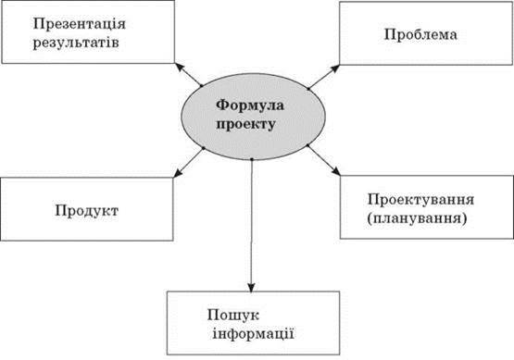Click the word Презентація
[x=80, y=24]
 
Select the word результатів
[x=76, y=43]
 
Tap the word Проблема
[x=420, y=34]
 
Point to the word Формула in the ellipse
[x=250, y=106]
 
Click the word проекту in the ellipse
[x=245, y=125]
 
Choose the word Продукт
[x=86, y=211]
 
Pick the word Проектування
[x=420, y=200]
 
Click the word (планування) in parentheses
[x=417, y=218]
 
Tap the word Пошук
[x=233, y=316]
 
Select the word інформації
[x=254, y=334]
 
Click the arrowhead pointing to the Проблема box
[x=335, y=69]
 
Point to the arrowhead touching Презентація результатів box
[x=180, y=68]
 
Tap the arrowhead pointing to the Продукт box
[x=178, y=173]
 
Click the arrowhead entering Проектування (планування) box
[x=336, y=171]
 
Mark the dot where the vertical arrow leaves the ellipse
[x=252, y=159]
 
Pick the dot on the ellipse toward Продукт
[x=203, y=148]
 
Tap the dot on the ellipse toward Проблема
[x=308, y=89]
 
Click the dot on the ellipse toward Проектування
[x=307, y=145]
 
